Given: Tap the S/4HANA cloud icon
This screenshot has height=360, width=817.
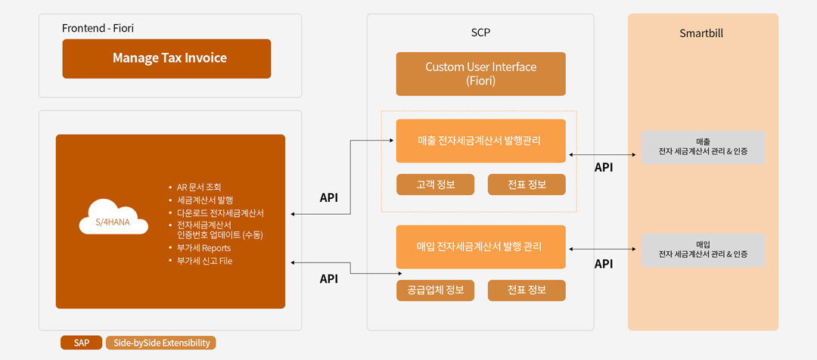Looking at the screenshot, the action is click(x=113, y=218).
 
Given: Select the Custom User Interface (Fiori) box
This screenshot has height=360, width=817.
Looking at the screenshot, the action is click(x=480, y=74).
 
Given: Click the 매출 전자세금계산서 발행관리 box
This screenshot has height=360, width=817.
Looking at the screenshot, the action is click(x=480, y=141).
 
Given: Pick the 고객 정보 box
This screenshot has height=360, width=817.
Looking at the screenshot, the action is click(x=435, y=185).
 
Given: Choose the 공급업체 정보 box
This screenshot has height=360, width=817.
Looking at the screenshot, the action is click(x=435, y=290).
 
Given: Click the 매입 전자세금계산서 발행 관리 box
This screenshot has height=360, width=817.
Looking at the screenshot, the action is click(x=480, y=247).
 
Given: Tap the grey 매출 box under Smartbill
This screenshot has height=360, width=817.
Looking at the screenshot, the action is click(x=703, y=147).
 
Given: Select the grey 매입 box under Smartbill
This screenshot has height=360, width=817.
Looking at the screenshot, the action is click(x=703, y=250).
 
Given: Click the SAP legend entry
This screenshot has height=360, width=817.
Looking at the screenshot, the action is click(x=81, y=343).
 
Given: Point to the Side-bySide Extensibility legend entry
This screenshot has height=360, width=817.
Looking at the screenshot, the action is click(x=161, y=343).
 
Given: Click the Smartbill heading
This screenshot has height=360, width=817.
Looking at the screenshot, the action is click(x=701, y=33).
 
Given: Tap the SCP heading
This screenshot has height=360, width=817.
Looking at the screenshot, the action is click(x=480, y=33).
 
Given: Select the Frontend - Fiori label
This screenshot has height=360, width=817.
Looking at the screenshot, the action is click(x=98, y=28).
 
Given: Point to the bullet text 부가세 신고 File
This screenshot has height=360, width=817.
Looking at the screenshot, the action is click(x=205, y=261).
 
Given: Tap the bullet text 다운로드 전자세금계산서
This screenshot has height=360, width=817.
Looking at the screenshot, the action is click(x=221, y=213).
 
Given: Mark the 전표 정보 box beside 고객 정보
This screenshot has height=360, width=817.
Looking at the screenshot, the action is click(x=527, y=185).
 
